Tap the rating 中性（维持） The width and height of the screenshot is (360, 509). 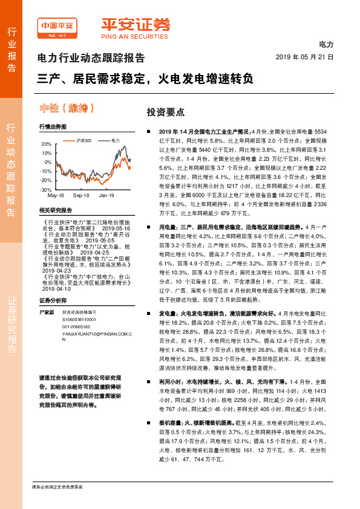[x=67, y=109]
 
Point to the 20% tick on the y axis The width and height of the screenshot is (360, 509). [x=47, y=144]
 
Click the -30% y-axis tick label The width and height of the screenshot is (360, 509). [x=46, y=190]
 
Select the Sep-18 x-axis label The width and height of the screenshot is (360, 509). [x=81, y=196]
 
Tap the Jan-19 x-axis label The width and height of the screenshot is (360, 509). [x=106, y=196]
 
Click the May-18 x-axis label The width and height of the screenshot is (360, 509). [x=56, y=196]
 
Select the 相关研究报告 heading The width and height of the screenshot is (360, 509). [x=55, y=210]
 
